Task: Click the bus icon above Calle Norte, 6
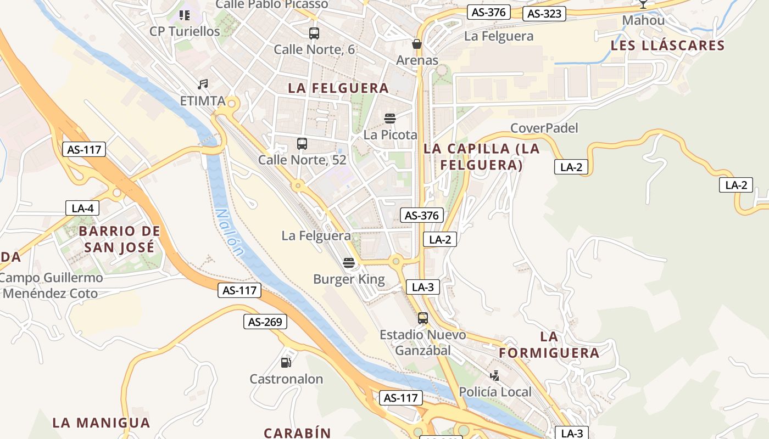(314, 33)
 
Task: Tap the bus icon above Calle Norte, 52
(302, 144)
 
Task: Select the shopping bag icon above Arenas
(417, 44)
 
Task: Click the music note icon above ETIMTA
(203, 85)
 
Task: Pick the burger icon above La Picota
(390, 119)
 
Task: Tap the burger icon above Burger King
(349, 263)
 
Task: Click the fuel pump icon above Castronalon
(286, 362)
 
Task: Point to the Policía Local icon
(495, 376)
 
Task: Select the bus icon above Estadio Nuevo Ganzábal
(422, 318)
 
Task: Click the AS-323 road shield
(544, 14)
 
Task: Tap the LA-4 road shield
(82, 208)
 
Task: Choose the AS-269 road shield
(265, 322)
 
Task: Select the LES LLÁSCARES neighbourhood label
(667, 46)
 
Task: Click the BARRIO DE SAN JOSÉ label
(119, 239)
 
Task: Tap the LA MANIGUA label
(101, 423)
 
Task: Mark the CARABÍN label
(297, 432)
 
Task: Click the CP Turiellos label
(185, 31)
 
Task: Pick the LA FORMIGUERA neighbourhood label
(549, 345)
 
